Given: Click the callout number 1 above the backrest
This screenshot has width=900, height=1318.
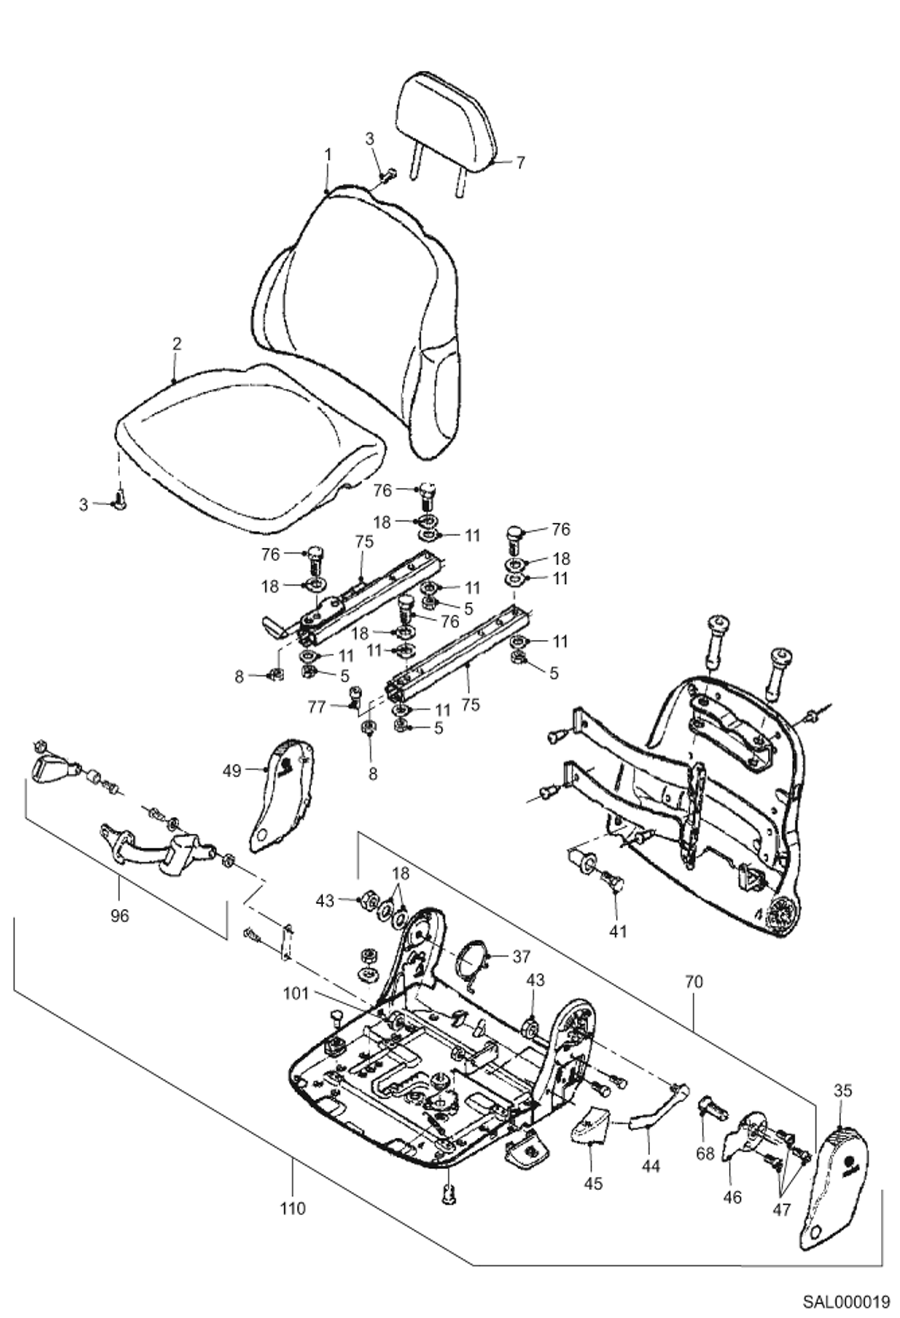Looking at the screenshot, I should (x=328, y=154).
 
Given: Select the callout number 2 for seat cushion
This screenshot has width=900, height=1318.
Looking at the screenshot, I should (x=176, y=344).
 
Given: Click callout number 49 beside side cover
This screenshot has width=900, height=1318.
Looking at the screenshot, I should (x=233, y=770).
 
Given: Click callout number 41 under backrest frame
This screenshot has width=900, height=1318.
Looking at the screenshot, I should (x=618, y=931).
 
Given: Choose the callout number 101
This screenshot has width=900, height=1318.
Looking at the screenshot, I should (x=297, y=994).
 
